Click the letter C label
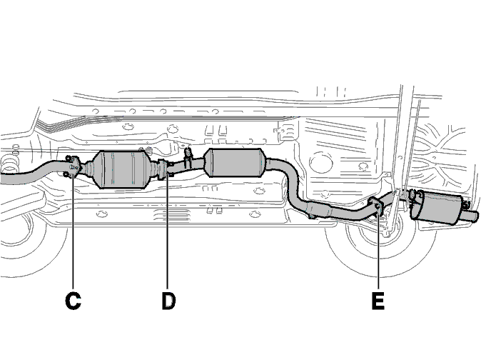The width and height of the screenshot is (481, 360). pos(73,301)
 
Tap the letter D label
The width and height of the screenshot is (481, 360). pos(168,301)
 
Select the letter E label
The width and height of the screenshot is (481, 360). pos(378,301)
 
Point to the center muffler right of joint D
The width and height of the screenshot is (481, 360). pos(234,163)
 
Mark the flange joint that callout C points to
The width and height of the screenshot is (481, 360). pos(73,167)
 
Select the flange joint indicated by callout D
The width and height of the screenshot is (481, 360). pos(165,169)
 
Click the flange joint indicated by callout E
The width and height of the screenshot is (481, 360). pos(377,207)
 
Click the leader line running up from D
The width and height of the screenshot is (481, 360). pos(168,231)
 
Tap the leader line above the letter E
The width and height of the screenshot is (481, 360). pos(378,249)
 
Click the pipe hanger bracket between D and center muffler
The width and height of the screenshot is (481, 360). pos(188,158)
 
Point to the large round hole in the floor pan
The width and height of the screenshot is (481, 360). pos(321,163)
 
